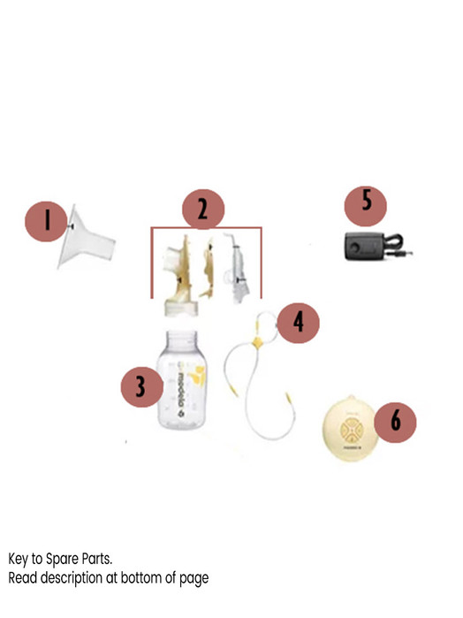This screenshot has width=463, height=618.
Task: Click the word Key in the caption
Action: coord(20,560)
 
